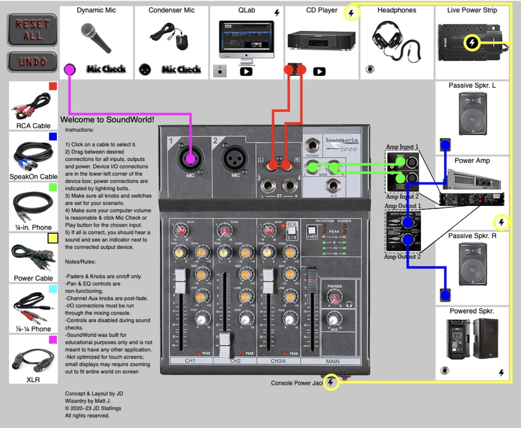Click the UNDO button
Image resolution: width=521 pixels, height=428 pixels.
(x=32, y=62)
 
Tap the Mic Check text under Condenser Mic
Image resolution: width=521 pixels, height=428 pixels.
(x=181, y=69)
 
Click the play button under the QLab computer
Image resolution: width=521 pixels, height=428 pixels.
(x=246, y=72)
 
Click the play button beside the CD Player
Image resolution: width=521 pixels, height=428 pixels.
(x=319, y=72)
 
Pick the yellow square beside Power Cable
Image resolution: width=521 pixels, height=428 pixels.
(x=53, y=238)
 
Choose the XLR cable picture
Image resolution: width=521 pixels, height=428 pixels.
(x=33, y=360)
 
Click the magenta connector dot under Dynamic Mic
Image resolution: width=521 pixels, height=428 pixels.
(x=70, y=69)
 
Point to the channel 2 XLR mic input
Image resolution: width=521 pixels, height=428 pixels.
(x=235, y=159)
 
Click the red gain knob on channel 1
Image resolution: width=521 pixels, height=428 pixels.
(x=181, y=230)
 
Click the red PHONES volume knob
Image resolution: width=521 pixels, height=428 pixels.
(x=334, y=298)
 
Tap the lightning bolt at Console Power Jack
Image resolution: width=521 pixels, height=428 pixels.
(x=331, y=382)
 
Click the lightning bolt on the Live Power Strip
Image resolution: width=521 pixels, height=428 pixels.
(x=472, y=42)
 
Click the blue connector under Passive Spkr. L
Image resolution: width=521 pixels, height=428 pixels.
(x=445, y=144)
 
